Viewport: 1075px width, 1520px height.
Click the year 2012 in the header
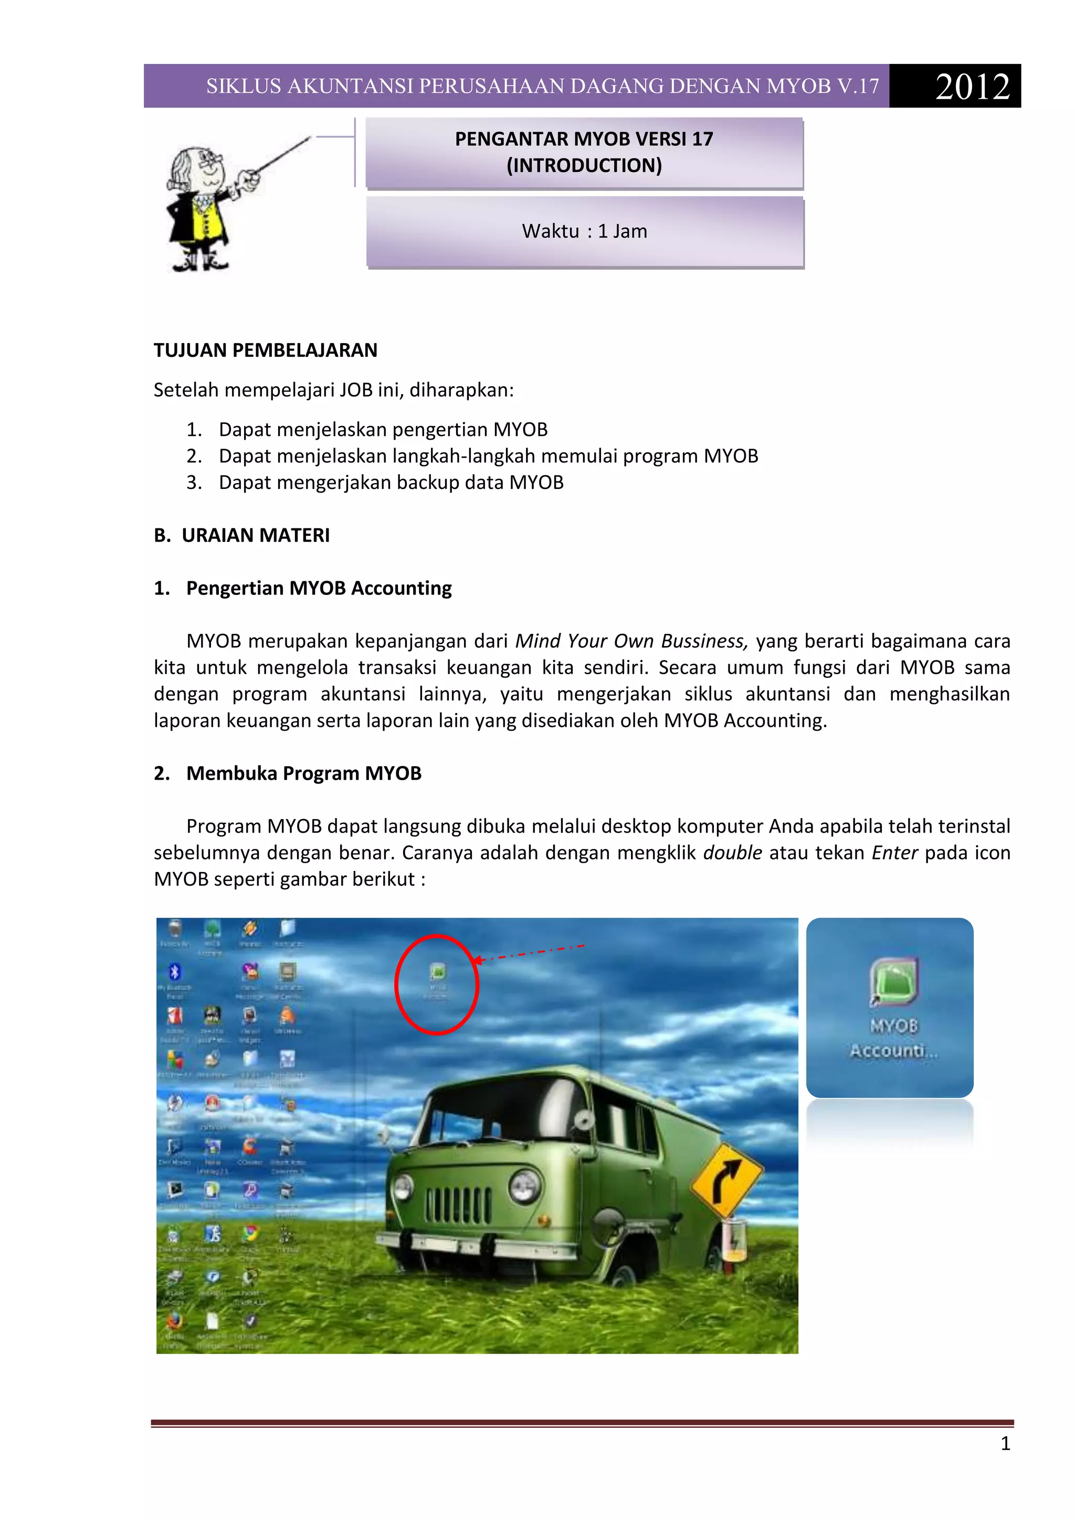click(972, 87)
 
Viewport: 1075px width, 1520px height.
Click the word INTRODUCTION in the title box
click(584, 165)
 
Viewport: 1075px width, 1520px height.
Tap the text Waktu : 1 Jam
click(584, 231)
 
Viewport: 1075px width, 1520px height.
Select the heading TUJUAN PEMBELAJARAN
click(265, 350)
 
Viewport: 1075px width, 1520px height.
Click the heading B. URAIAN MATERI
click(242, 536)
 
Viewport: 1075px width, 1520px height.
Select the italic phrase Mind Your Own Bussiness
click(630, 641)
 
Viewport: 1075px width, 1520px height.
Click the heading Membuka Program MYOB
click(303, 773)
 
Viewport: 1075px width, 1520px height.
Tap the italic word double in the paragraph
click(732, 853)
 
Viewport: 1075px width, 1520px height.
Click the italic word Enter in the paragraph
click(894, 853)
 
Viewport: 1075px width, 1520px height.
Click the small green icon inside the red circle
click(437, 972)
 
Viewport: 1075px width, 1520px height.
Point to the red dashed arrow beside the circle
click(530, 953)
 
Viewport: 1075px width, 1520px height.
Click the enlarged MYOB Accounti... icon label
click(893, 1038)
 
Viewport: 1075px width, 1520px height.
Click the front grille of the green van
click(458, 1204)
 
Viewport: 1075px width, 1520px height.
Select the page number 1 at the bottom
click(1005, 1444)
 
